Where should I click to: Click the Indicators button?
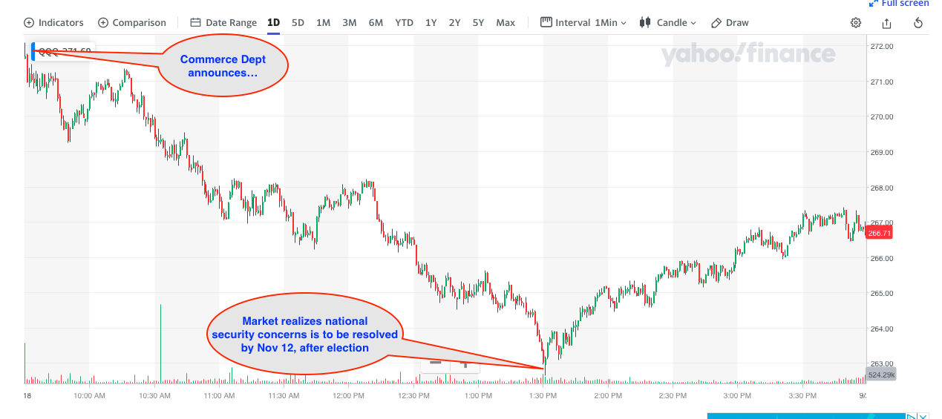click(x=53, y=22)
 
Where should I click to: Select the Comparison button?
click(x=132, y=22)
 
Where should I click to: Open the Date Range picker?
click(x=223, y=22)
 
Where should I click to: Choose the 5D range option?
click(x=298, y=22)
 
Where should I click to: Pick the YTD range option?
click(x=404, y=22)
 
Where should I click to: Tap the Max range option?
click(x=506, y=22)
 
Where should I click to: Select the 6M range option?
click(x=376, y=22)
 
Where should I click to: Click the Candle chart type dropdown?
click(x=668, y=22)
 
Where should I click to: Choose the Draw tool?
click(x=730, y=22)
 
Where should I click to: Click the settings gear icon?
click(x=856, y=22)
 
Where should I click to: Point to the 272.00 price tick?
click(x=881, y=46)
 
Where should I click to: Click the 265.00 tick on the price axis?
click(x=881, y=293)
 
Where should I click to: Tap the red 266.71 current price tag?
click(x=879, y=233)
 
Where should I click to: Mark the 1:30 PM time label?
click(x=543, y=396)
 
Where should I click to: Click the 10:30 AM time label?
click(x=155, y=396)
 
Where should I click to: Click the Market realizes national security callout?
click(x=304, y=334)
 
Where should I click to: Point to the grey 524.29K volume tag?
click(x=880, y=374)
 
